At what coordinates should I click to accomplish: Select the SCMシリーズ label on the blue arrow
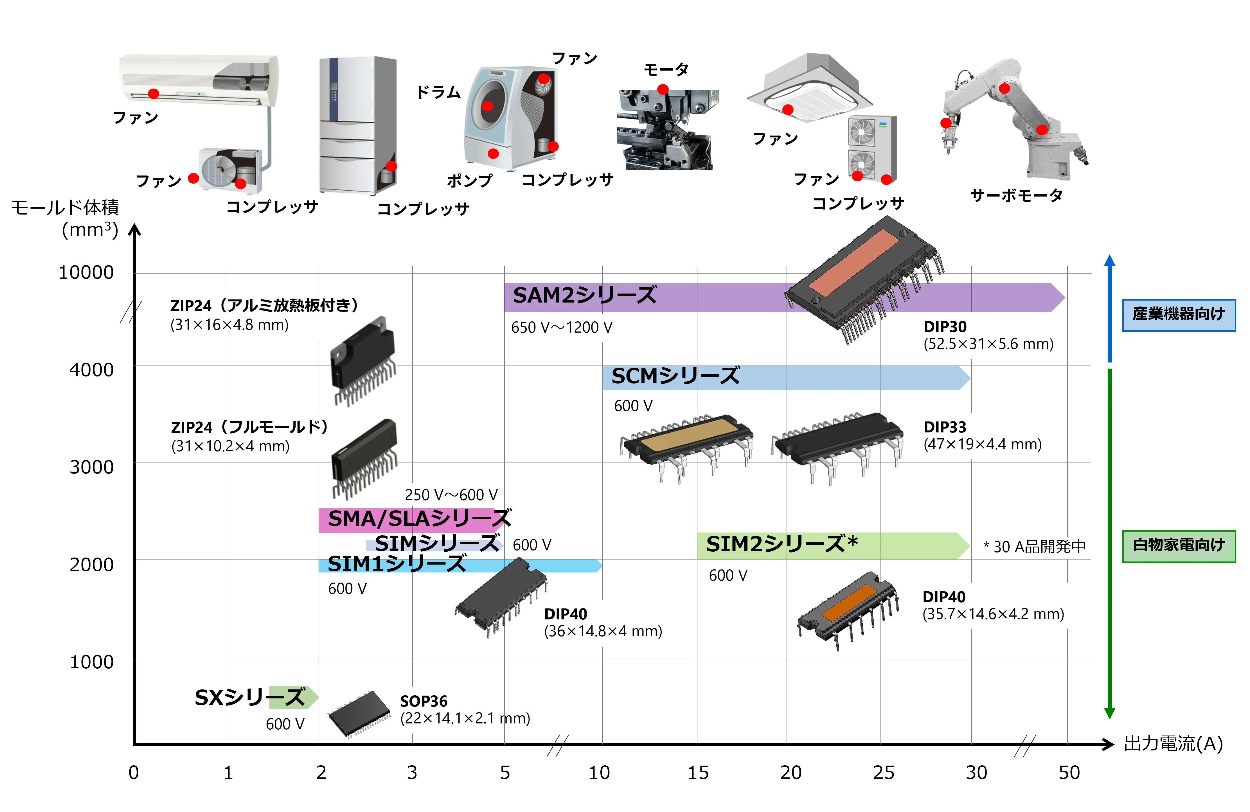675,376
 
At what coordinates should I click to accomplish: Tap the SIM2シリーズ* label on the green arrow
781,544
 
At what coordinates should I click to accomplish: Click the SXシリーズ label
249,698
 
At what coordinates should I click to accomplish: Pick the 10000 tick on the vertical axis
86,273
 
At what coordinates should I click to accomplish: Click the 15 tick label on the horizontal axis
698,773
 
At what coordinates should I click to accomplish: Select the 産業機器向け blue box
1179,315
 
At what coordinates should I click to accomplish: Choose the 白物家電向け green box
1179,546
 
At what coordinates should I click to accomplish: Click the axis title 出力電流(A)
1173,744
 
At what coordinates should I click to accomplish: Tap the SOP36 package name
423,701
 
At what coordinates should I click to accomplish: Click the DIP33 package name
944,427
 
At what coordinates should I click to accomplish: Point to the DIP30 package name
944,327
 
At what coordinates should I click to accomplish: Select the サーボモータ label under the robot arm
1016,195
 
